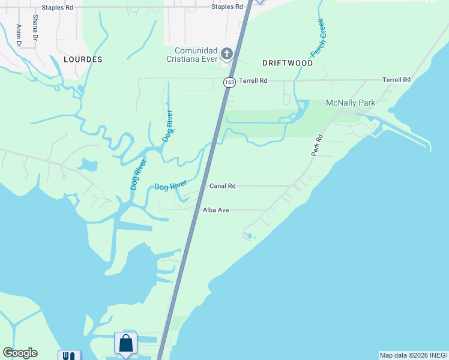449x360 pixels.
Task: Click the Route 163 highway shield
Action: tap(229, 82)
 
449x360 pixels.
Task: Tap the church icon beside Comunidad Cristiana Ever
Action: tap(227, 54)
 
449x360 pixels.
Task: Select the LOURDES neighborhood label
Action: tap(82, 60)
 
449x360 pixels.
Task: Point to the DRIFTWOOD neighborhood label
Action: tap(288, 63)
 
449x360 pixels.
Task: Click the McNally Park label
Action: tap(351, 103)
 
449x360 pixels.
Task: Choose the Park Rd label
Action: tap(317, 145)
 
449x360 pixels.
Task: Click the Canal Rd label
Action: tap(222, 186)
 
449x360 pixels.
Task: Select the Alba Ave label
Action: tap(217, 210)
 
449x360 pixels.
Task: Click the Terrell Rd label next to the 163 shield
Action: tap(252, 80)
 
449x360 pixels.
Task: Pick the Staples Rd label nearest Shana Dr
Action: tap(58, 8)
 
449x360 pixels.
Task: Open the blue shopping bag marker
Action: tap(126, 344)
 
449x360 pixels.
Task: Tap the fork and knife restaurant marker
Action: tap(69, 356)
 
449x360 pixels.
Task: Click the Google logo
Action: tap(20, 353)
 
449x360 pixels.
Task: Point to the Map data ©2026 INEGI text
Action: tap(414, 355)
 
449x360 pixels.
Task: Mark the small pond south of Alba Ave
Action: tap(249, 235)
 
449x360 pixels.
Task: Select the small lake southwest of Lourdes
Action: tap(88, 164)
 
